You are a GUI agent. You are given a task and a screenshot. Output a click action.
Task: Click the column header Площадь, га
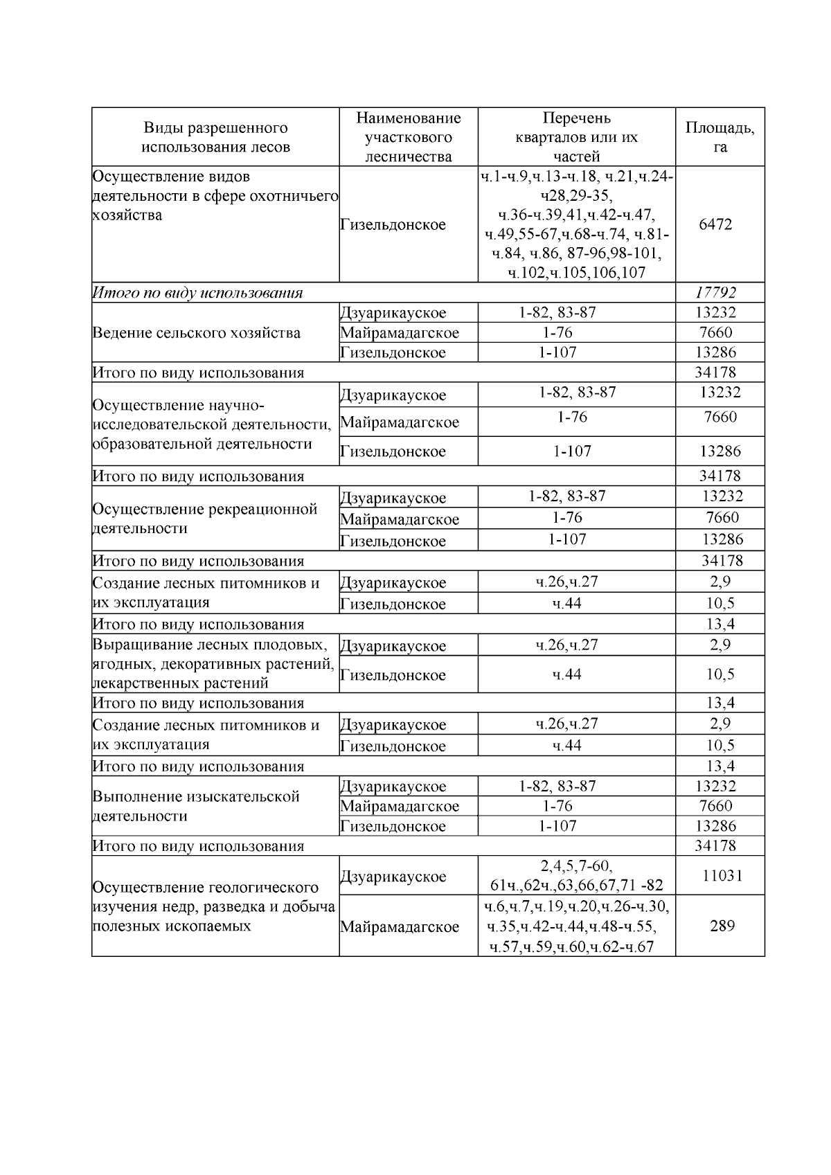click(720, 137)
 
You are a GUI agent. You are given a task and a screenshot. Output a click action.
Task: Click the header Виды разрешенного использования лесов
click(215, 137)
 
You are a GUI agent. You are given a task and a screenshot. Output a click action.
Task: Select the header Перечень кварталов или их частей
click(576, 137)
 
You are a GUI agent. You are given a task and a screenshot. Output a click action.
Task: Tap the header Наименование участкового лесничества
click(408, 137)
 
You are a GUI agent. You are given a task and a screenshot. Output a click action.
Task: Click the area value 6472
click(715, 224)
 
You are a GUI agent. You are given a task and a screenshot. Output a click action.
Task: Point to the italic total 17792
click(715, 292)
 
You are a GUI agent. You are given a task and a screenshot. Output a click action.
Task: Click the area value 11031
click(722, 875)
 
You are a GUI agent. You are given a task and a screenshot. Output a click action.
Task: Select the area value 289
click(722, 926)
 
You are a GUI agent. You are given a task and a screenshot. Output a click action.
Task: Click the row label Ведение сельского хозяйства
click(197, 332)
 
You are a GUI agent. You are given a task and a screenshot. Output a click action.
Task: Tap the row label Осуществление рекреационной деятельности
click(205, 519)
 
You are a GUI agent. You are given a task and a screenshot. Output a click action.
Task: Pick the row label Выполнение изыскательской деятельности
click(196, 806)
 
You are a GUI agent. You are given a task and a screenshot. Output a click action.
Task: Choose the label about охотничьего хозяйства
click(215, 196)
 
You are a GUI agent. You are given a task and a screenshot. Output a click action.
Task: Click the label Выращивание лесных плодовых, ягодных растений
click(213, 664)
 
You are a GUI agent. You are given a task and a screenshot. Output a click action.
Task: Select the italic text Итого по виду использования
click(198, 293)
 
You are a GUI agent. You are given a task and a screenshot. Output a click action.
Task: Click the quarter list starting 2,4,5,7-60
click(576, 875)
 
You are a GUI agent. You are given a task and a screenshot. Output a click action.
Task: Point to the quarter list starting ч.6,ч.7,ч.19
click(576, 926)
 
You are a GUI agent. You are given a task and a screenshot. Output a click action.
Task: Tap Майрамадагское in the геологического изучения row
click(400, 926)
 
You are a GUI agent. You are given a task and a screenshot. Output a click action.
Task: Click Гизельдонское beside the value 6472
click(393, 225)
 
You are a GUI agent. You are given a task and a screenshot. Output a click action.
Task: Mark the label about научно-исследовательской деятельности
click(212, 424)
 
